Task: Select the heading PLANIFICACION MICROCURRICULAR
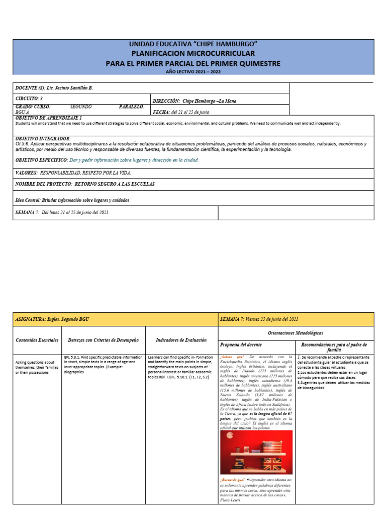193,53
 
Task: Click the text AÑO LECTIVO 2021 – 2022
193,72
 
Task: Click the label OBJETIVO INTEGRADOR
43,138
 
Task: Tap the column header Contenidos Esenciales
37,340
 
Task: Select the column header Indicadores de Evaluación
181,340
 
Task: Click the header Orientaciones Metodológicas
296,332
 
